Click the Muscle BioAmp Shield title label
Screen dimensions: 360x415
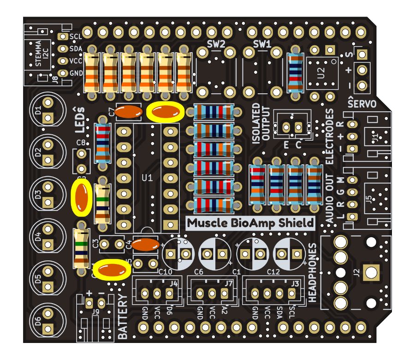pyautogui.click(x=250, y=223)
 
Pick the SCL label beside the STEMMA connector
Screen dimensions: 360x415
pyautogui.click(x=76, y=36)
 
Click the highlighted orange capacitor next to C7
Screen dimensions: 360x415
pyautogui.click(x=165, y=112)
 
